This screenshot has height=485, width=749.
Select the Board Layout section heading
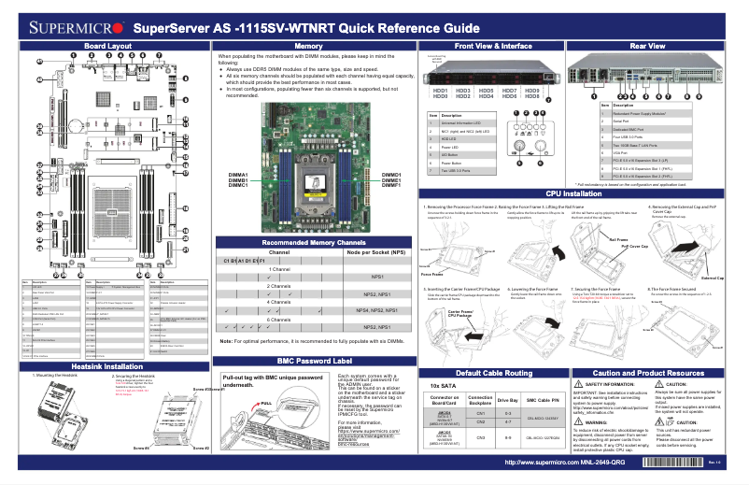(107, 45)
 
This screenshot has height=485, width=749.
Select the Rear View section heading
(648, 45)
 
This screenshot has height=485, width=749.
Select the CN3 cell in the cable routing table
(481, 437)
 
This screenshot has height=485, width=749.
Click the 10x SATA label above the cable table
(444, 385)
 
